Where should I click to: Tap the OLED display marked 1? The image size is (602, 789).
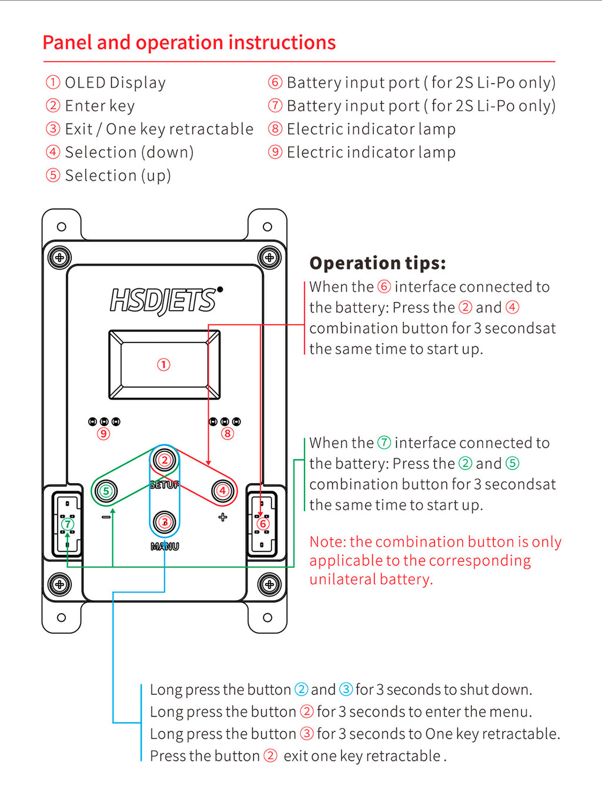pos(164,365)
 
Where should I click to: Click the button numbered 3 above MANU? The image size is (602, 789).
pos(165,521)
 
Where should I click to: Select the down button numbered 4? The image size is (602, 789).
pos(223,491)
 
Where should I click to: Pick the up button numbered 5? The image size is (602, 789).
pos(106,491)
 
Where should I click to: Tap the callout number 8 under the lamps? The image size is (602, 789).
pos(228,434)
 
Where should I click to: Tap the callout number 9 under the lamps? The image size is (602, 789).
pos(103,434)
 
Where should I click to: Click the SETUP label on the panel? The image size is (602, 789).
pos(165,485)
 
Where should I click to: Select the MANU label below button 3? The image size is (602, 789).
pos(165,547)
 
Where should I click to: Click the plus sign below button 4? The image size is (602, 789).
pos(223,517)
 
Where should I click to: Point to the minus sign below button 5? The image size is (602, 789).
pos(106,517)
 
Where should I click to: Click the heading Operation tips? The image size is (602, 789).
pos(377,263)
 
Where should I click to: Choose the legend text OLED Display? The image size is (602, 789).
pos(115,82)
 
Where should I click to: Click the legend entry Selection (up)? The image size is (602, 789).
pos(118,175)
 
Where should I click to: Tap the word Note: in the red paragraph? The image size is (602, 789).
pos(327,542)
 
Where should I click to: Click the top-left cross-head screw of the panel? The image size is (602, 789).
pos(59,258)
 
